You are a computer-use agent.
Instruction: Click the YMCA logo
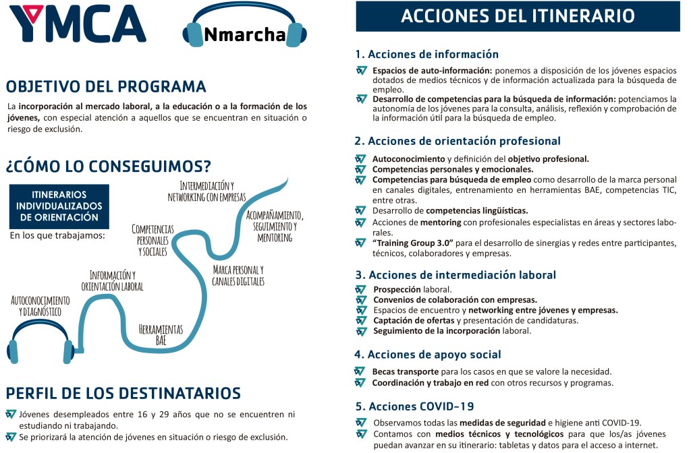click(x=78, y=24)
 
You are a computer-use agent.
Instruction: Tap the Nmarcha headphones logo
click(x=245, y=32)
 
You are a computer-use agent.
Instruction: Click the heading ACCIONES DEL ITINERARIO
click(x=518, y=16)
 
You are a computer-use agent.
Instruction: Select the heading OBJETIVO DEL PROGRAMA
click(x=106, y=86)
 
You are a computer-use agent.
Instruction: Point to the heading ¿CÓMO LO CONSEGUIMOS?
click(x=108, y=165)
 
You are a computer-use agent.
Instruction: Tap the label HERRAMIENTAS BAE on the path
click(x=161, y=334)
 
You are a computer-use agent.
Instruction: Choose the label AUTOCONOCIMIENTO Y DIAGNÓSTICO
click(x=40, y=305)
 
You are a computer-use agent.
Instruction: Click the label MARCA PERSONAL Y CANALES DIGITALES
click(x=238, y=275)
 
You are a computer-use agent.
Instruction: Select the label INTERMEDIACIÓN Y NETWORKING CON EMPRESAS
click(x=206, y=191)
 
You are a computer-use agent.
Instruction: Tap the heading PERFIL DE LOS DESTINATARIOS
click(x=123, y=392)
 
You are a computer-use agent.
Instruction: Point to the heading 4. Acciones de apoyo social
click(x=428, y=355)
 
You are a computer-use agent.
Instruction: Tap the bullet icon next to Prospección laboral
click(x=361, y=289)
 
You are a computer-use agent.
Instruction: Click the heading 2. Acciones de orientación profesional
click(x=458, y=141)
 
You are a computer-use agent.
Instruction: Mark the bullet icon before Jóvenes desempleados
click(x=10, y=414)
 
